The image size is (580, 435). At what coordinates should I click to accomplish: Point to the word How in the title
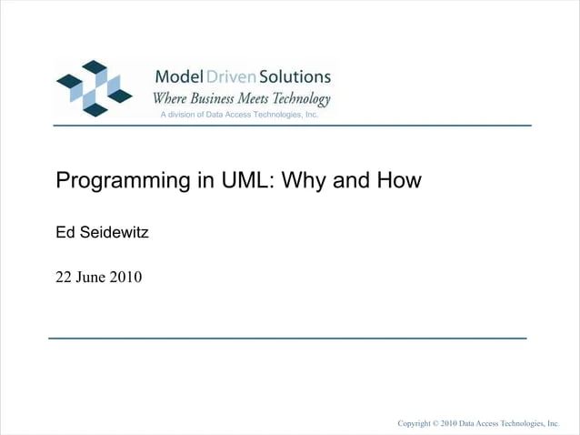tap(398, 180)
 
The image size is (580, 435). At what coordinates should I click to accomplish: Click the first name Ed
tap(65, 233)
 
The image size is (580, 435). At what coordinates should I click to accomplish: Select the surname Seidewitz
tap(114, 233)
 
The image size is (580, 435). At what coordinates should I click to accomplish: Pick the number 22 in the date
tap(65, 277)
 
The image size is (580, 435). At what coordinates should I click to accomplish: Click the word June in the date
tap(92, 277)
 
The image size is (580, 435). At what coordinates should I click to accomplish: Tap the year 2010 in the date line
tap(126, 277)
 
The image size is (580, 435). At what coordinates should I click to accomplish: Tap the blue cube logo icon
tap(94, 87)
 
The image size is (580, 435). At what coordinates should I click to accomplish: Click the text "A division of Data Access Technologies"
tap(238, 116)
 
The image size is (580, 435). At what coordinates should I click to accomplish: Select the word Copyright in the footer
tap(414, 424)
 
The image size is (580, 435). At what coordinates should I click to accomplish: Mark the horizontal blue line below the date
tap(287, 338)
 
